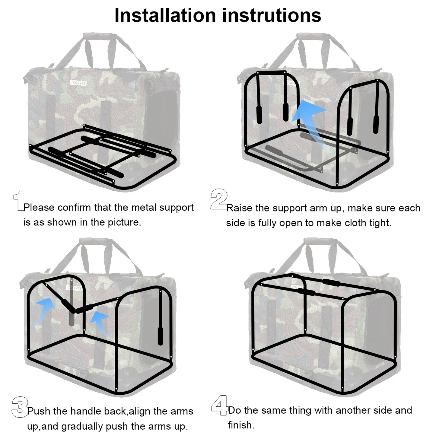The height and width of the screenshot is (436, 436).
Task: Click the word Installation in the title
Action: tap(165, 15)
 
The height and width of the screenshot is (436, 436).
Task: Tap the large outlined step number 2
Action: tap(219, 199)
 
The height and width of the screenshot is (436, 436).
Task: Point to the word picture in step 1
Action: tap(124, 223)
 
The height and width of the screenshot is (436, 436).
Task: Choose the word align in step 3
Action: tap(139, 411)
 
